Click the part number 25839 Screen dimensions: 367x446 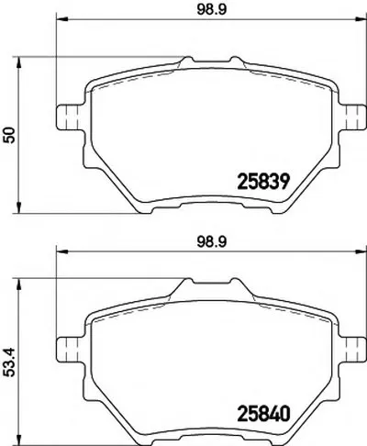click(x=263, y=182)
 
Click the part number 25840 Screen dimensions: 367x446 click(x=263, y=414)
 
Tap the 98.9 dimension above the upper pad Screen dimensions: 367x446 click(x=212, y=9)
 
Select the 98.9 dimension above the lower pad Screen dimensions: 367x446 click(x=212, y=241)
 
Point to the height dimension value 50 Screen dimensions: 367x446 click(x=10, y=135)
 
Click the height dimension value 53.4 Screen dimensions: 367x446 click(x=10, y=362)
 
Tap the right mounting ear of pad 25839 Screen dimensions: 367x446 click(x=351, y=117)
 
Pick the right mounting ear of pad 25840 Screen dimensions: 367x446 click(x=351, y=350)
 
